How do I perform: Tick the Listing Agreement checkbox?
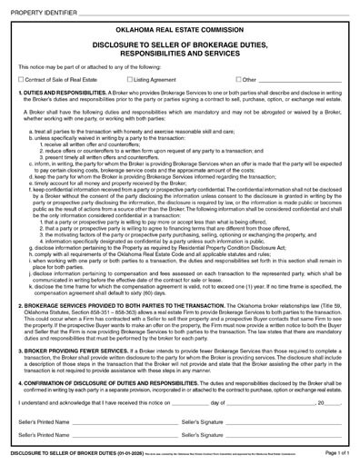(129, 80)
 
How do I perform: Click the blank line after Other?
(305, 82)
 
